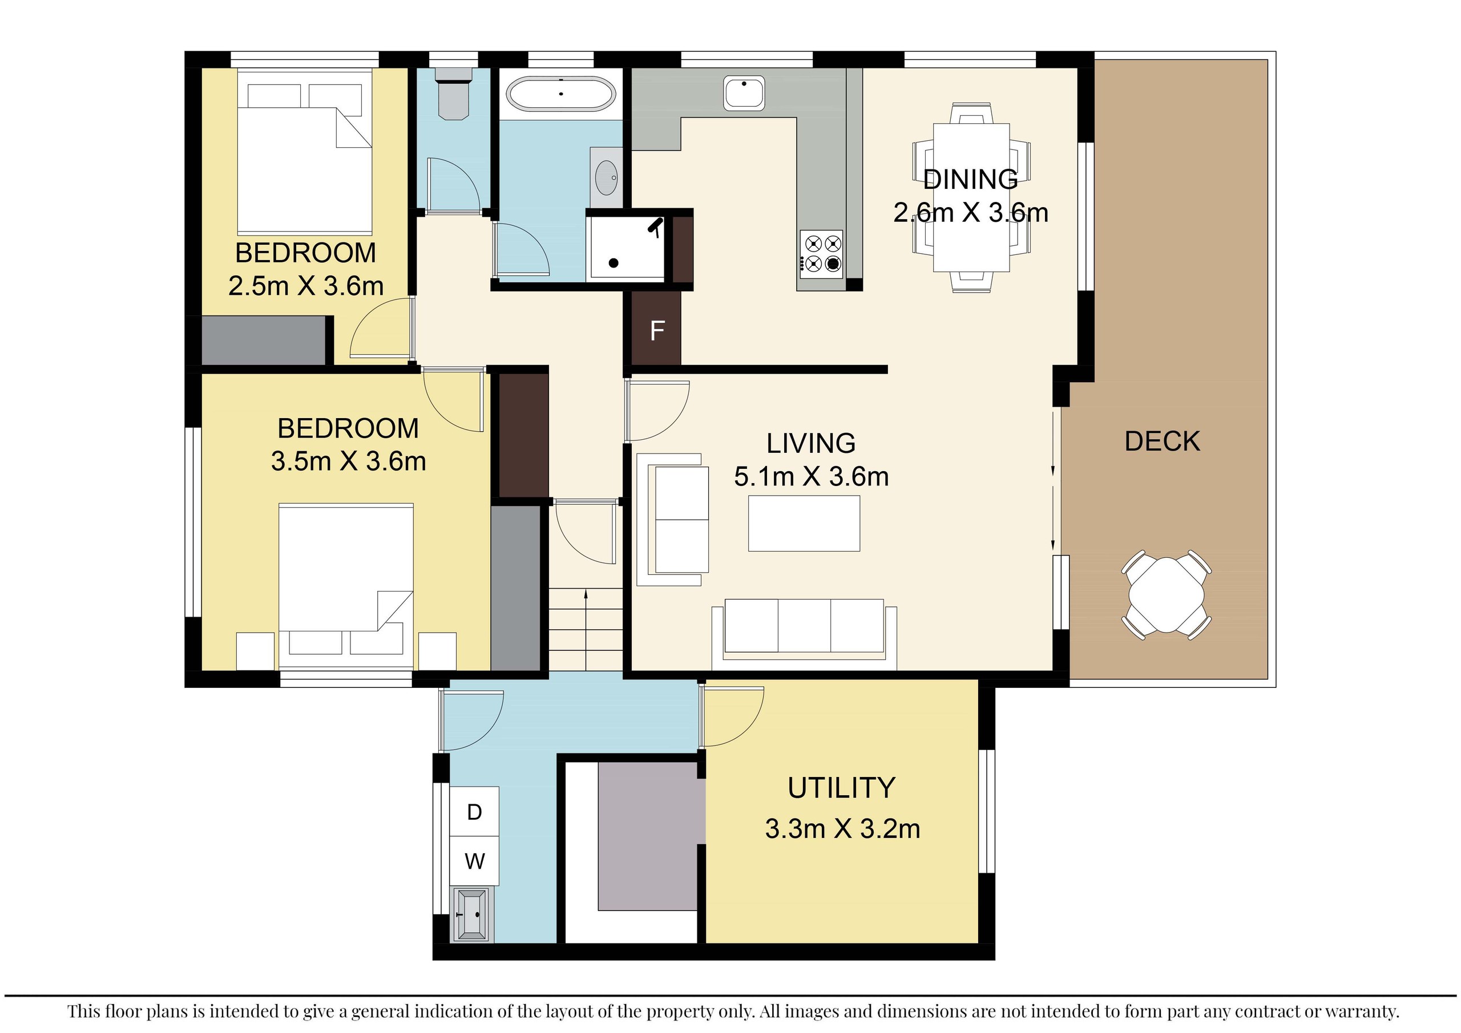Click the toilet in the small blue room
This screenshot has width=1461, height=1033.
(x=453, y=98)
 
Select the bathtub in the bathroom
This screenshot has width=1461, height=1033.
(x=560, y=95)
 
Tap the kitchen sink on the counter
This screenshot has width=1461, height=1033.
(x=744, y=93)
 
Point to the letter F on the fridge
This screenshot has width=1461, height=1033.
(x=657, y=331)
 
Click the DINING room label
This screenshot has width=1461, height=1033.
(x=970, y=179)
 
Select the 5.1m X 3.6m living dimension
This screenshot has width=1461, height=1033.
(x=812, y=476)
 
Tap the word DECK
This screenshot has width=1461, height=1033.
(x=1162, y=441)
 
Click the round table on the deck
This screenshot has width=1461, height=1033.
(x=1167, y=595)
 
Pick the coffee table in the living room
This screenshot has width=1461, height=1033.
(x=804, y=523)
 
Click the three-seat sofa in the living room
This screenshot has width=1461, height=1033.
(x=804, y=626)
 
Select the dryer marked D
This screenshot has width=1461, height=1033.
(x=474, y=812)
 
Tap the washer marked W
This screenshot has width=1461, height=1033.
(x=474, y=861)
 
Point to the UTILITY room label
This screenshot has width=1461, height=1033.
(x=841, y=788)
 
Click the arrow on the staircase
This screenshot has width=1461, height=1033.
(x=586, y=596)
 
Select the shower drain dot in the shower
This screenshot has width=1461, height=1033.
(x=614, y=263)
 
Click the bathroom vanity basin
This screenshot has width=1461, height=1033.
(x=606, y=176)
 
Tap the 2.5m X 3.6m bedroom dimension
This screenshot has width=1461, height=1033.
(x=305, y=286)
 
